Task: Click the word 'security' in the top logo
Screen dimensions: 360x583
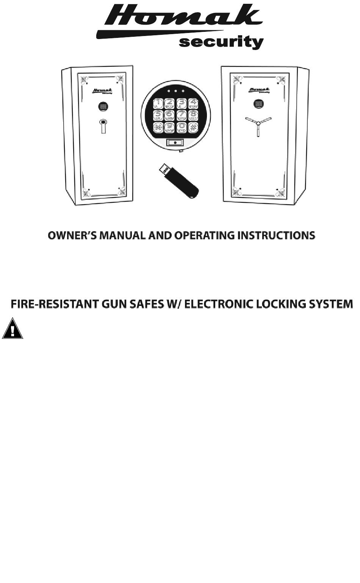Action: [221, 42]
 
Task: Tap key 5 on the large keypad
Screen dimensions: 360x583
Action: [158, 115]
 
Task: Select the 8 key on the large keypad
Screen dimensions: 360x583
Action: [193, 115]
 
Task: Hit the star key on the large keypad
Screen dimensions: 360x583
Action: [158, 127]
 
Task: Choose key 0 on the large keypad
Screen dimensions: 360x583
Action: [182, 127]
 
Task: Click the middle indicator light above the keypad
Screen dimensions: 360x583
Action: [176, 91]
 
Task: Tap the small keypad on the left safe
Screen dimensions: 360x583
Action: [103, 107]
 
